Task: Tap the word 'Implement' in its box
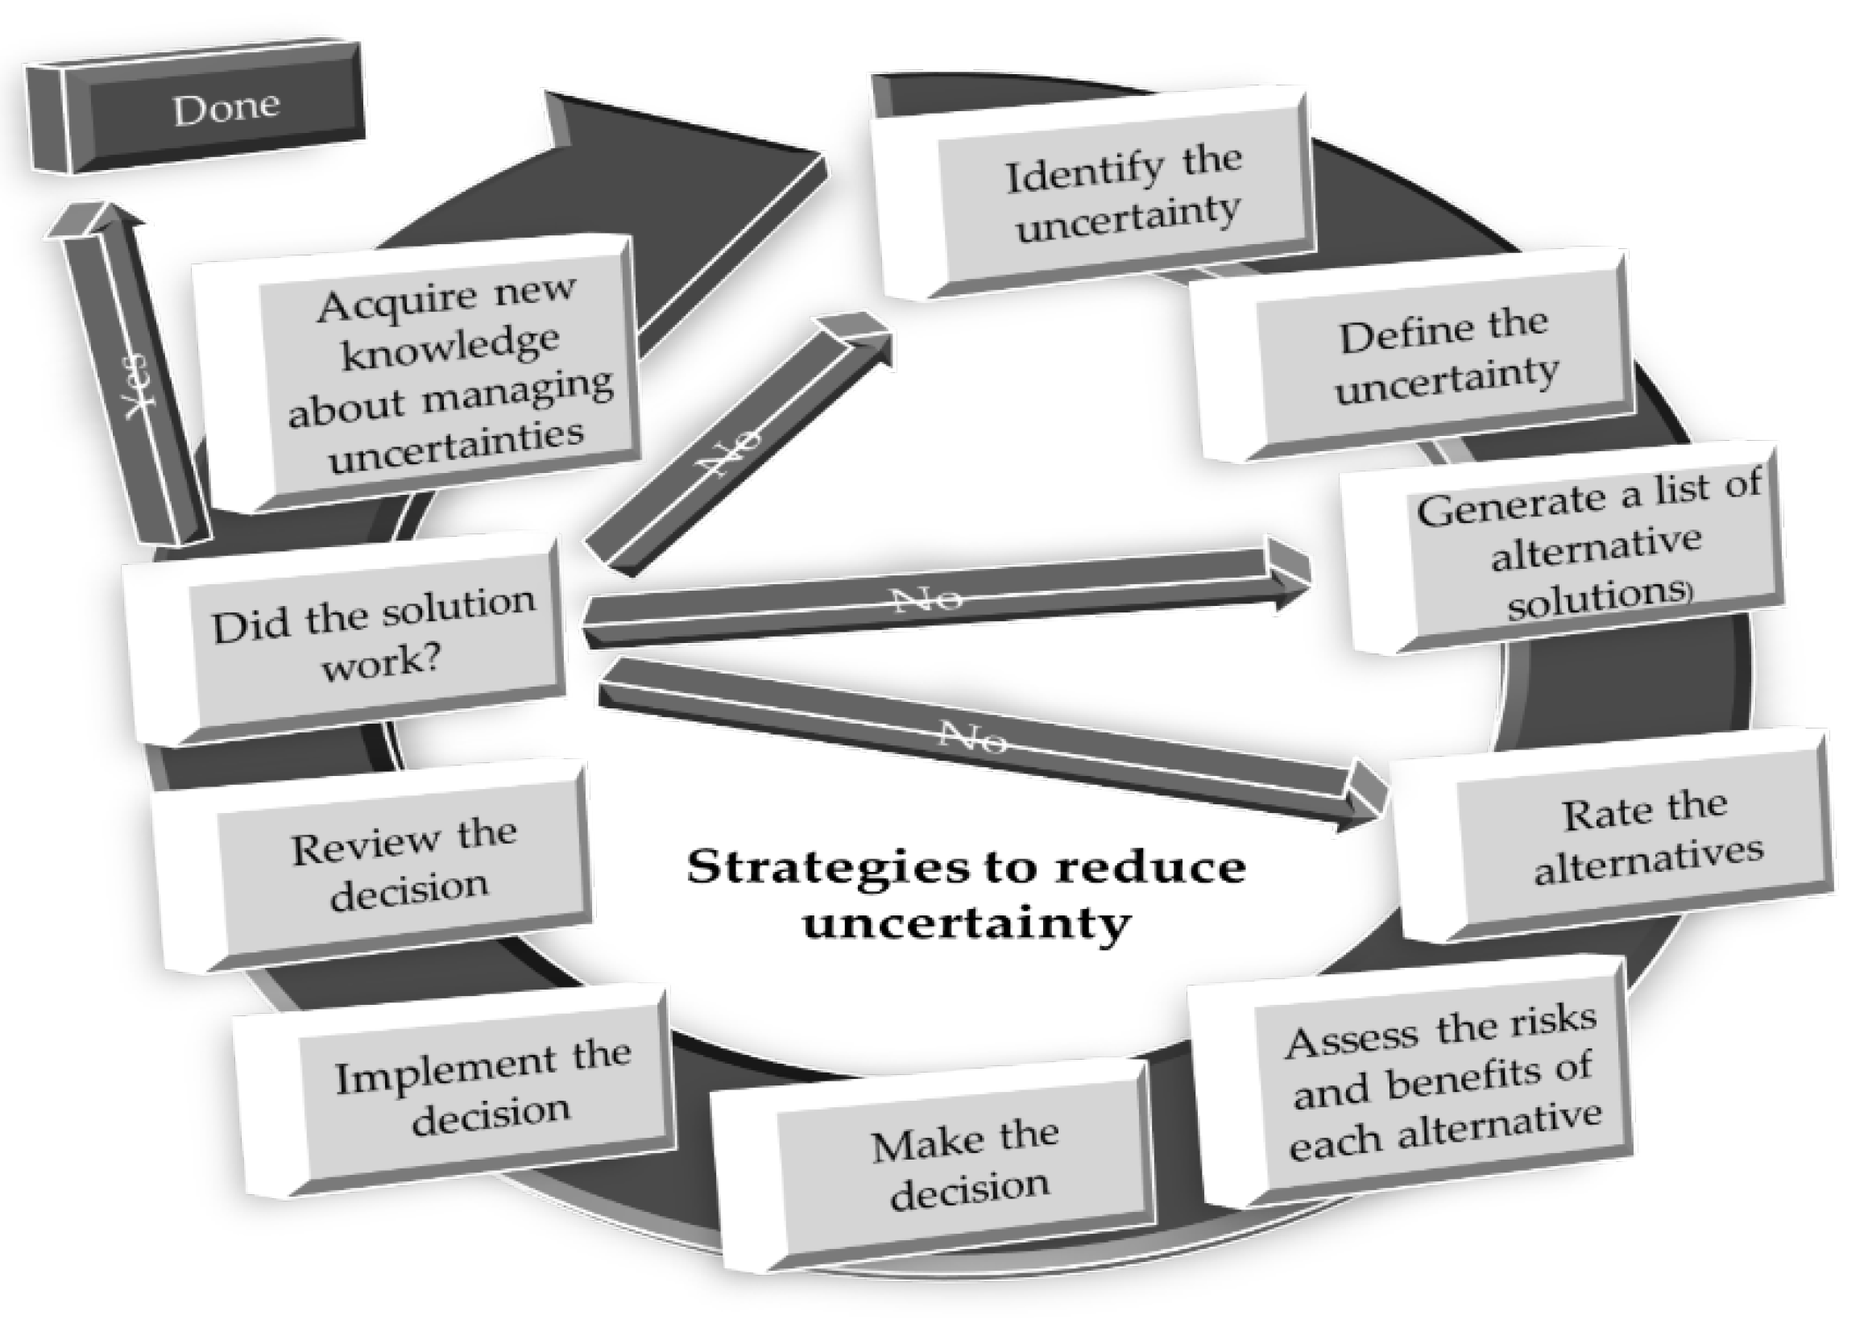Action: [445, 1073]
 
